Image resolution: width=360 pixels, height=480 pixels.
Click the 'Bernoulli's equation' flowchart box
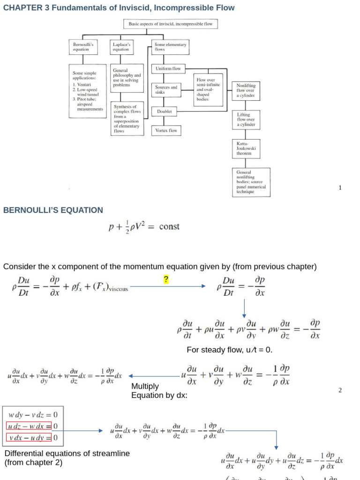point(84,47)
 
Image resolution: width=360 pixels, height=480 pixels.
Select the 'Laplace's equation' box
point(121,47)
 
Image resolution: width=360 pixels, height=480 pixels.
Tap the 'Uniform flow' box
point(168,68)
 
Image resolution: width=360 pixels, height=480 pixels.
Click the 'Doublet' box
point(165,112)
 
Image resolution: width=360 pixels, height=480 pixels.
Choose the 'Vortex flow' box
point(166,130)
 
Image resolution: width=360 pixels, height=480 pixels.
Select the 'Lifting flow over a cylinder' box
point(246,120)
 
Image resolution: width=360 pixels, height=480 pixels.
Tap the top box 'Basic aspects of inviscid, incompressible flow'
point(170,24)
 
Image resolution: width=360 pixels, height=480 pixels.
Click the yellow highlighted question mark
point(166,280)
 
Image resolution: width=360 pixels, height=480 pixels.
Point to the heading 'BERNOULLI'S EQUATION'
point(53,210)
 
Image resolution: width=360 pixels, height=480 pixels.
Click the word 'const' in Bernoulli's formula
point(169,227)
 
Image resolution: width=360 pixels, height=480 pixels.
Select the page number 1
point(340,188)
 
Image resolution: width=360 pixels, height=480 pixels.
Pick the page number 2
point(340,390)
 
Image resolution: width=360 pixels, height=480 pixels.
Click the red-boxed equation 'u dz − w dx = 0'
point(32,426)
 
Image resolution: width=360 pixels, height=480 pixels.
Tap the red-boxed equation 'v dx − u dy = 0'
point(32,438)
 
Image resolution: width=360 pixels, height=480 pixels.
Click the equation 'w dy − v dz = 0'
point(32,414)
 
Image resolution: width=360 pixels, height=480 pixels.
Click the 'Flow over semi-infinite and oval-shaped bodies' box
point(209,89)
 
